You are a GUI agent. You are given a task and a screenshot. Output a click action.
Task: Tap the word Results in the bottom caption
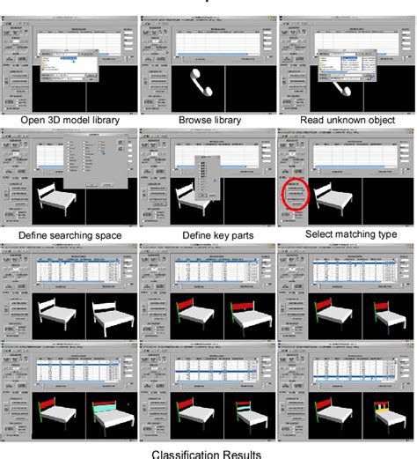coord(241,454)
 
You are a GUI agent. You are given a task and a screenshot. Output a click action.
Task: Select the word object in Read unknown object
coord(379,119)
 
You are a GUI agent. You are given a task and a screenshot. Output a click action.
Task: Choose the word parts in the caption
coord(237,235)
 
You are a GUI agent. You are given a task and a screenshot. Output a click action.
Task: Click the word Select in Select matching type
coord(317,234)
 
